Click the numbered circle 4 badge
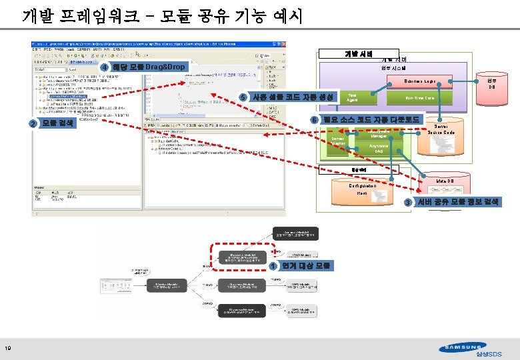tap(105, 68)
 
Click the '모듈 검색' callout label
tap(58, 123)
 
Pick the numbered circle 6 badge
tap(314, 120)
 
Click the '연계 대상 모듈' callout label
tap(306, 266)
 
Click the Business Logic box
tap(419, 81)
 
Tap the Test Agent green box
tap(353, 97)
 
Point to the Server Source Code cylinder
tap(441, 139)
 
